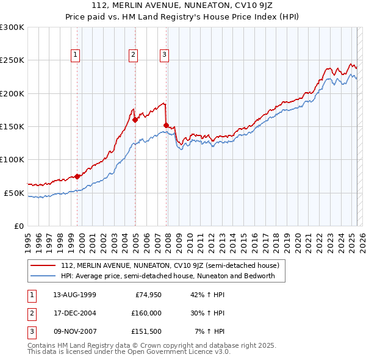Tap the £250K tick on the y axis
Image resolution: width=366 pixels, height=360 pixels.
[12, 60]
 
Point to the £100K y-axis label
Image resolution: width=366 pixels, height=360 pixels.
[12, 159]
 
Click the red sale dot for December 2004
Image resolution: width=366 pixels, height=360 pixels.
[135, 120]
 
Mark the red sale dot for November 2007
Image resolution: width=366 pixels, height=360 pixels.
[166, 125]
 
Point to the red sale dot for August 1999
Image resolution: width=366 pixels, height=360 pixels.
[77, 176]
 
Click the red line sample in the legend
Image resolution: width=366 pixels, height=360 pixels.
[43, 265]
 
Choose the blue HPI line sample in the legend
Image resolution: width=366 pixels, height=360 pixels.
[43, 276]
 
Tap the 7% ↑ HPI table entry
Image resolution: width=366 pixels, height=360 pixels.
[209, 331]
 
